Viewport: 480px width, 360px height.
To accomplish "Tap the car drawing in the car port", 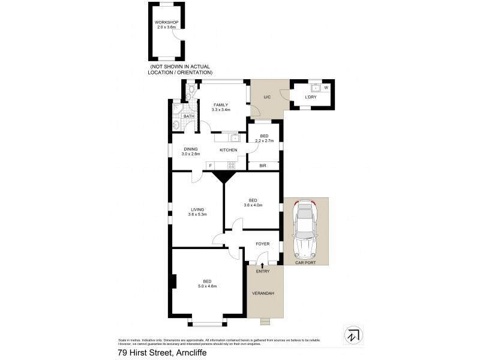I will point(305,228).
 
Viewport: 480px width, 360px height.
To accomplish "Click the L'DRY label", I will point(310,97).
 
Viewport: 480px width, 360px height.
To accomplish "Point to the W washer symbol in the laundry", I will point(326,88).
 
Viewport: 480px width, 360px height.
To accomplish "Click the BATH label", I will point(188,116).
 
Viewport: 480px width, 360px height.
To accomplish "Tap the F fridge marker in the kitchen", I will point(210,164).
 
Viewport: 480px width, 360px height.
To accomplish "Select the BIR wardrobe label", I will point(262,165).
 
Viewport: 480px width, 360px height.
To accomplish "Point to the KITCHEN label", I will point(228,150).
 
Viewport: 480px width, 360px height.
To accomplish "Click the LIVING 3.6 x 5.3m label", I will point(197,211).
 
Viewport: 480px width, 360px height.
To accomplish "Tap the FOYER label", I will point(262,244).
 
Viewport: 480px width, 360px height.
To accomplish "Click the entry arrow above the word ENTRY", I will point(262,265).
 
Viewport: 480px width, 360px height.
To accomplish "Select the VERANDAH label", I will point(265,293).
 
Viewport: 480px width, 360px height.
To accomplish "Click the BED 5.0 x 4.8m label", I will point(206,284).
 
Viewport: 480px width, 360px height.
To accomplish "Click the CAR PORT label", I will point(305,262).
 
